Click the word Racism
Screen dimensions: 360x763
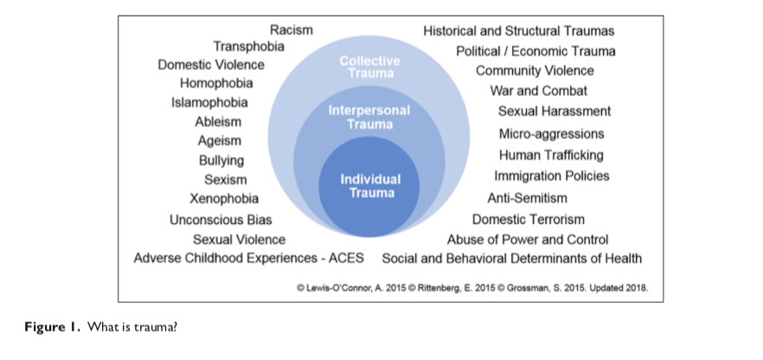pyautogui.click(x=292, y=30)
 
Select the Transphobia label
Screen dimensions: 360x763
pyautogui.click(x=249, y=46)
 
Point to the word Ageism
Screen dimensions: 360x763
pyautogui.click(x=220, y=140)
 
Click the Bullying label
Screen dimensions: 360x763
pyautogui.click(x=221, y=160)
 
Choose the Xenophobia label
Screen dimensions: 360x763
pyautogui.click(x=224, y=199)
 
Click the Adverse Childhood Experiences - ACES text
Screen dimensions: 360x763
pyautogui.click(x=249, y=258)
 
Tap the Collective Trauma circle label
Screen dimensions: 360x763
pyautogui.click(x=370, y=67)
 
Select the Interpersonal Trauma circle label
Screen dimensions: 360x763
pyautogui.click(x=369, y=118)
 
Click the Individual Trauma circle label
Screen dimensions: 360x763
pyautogui.click(x=371, y=185)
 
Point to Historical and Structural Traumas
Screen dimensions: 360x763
pyautogui.click(x=519, y=30)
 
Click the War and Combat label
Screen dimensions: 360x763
pyautogui.click(x=539, y=90)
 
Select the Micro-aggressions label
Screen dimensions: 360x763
pyautogui.click(x=552, y=134)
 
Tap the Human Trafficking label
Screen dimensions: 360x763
pyautogui.click(x=551, y=155)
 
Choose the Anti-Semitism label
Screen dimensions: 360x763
pyautogui.click(x=528, y=197)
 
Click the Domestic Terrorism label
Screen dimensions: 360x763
pyautogui.click(x=529, y=219)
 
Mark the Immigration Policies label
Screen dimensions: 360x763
pyautogui.click(x=552, y=176)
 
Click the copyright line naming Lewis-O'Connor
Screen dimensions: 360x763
pyautogui.click(x=472, y=286)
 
